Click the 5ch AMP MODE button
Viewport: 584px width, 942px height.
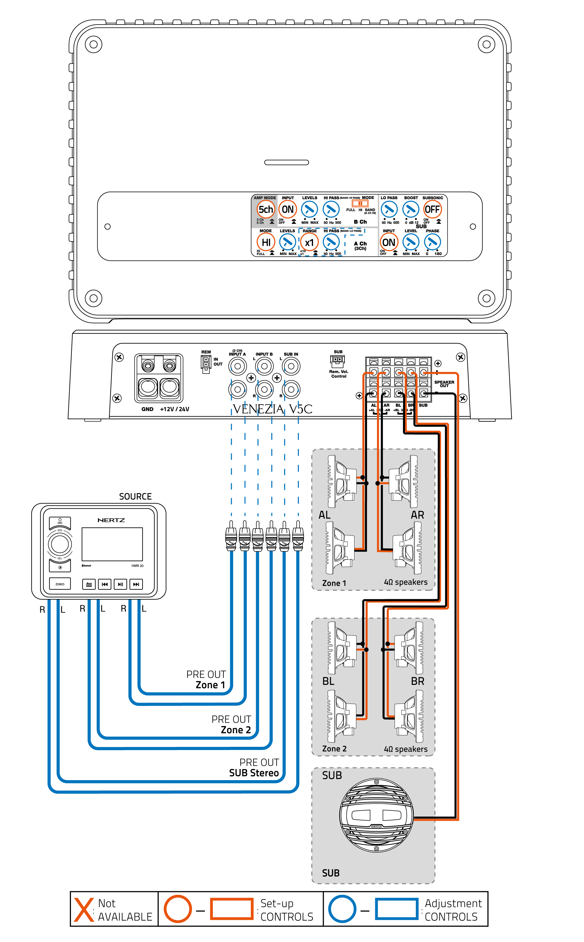pos(265,209)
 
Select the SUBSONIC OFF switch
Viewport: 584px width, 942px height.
pos(432,209)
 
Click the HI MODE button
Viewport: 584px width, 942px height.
pos(266,243)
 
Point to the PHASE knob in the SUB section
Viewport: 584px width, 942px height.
pos(432,242)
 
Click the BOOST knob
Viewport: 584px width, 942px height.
pos(411,209)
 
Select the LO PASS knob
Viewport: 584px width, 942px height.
pos(389,209)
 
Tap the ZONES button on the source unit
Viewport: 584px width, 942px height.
pos(60,584)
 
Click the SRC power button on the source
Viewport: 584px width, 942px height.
pos(60,522)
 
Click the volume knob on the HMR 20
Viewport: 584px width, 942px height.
pos(60,544)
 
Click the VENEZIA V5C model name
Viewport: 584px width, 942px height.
pos(272,409)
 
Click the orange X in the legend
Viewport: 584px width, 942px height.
pos(84,910)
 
